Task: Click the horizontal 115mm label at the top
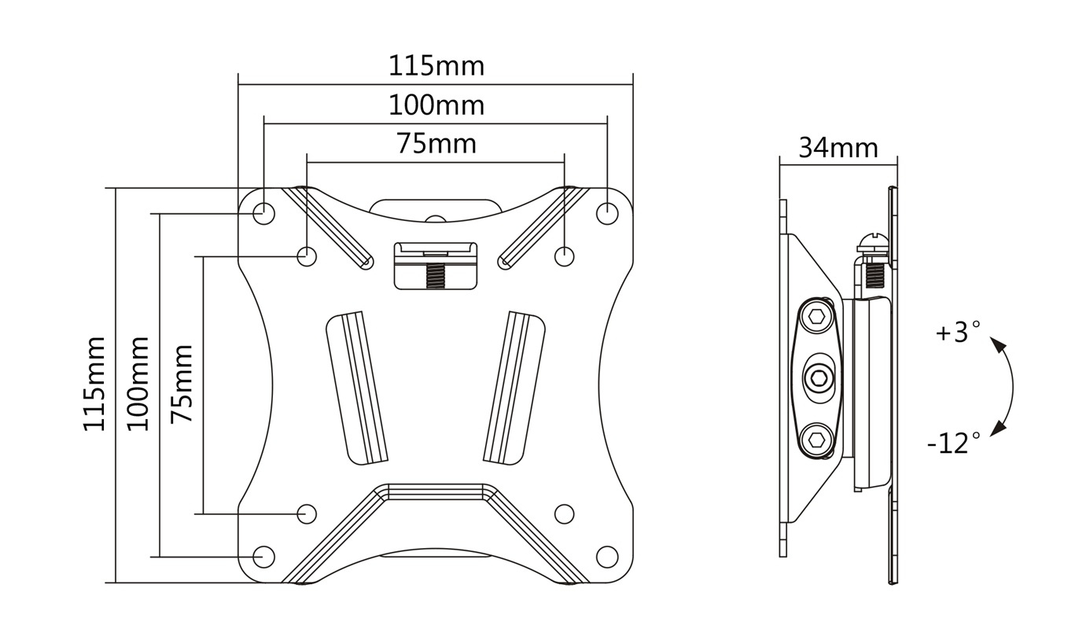click(x=436, y=66)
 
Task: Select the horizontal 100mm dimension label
click(x=436, y=105)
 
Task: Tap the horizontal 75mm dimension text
click(x=436, y=144)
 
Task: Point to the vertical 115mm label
click(x=94, y=384)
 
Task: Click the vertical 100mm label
click(x=138, y=384)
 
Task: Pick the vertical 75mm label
click(x=182, y=384)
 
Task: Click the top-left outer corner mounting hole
click(x=263, y=214)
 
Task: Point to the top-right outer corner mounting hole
click(x=607, y=214)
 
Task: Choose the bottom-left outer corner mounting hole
click(x=263, y=557)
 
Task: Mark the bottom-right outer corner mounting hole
click(x=607, y=557)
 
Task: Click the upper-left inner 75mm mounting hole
click(x=307, y=256)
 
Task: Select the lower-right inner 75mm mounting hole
click(x=565, y=513)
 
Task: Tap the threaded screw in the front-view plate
click(x=436, y=275)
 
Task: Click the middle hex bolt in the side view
click(x=820, y=377)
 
